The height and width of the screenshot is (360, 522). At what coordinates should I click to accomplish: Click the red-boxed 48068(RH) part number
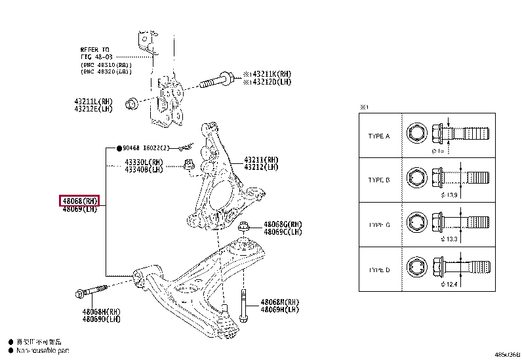click(79, 201)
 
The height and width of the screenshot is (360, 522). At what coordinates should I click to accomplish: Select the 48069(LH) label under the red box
click(79, 209)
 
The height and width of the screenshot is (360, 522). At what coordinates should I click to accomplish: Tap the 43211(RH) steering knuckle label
click(261, 159)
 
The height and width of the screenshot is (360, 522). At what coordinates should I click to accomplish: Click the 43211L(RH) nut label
click(93, 102)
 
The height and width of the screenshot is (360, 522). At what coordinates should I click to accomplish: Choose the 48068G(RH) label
click(283, 224)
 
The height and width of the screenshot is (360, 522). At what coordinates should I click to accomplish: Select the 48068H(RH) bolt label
click(102, 311)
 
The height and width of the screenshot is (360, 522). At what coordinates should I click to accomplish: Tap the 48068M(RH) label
click(279, 302)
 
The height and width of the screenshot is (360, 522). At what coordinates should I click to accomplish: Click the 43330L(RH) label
click(144, 161)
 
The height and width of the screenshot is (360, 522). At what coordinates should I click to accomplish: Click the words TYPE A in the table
click(379, 136)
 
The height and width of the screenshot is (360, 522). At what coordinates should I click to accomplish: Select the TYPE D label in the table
click(379, 270)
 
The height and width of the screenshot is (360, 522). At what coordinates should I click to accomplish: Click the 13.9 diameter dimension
click(451, 195)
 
